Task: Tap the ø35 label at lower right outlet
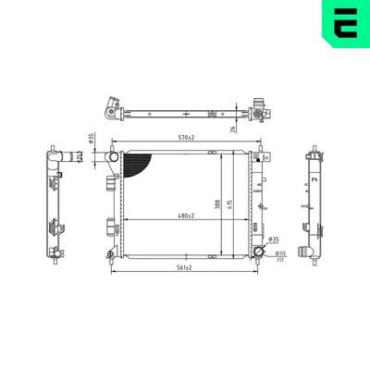coord(274,239)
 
